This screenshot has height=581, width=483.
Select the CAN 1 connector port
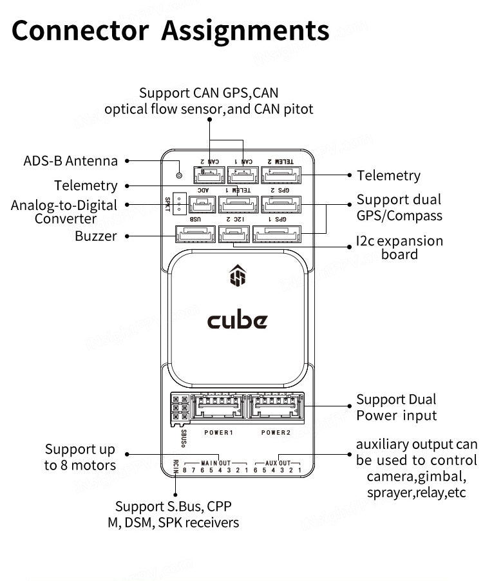click(242, 175)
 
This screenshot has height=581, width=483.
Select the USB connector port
click(195, 234)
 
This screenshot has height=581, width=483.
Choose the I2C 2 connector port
click(233, 234)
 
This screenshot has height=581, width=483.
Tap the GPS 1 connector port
click(276, 234)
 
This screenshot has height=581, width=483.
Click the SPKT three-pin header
click(180, 201)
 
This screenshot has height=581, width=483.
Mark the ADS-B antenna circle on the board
click(179, 175)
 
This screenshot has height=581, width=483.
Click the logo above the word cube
click(237, 277)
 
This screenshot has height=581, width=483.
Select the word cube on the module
click(237, 319)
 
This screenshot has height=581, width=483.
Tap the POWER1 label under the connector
click(218, 432)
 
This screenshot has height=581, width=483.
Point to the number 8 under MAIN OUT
click(185, 470)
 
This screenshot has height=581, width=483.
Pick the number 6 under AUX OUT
click(257, 470)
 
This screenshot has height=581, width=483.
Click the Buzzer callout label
click(96, 236)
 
